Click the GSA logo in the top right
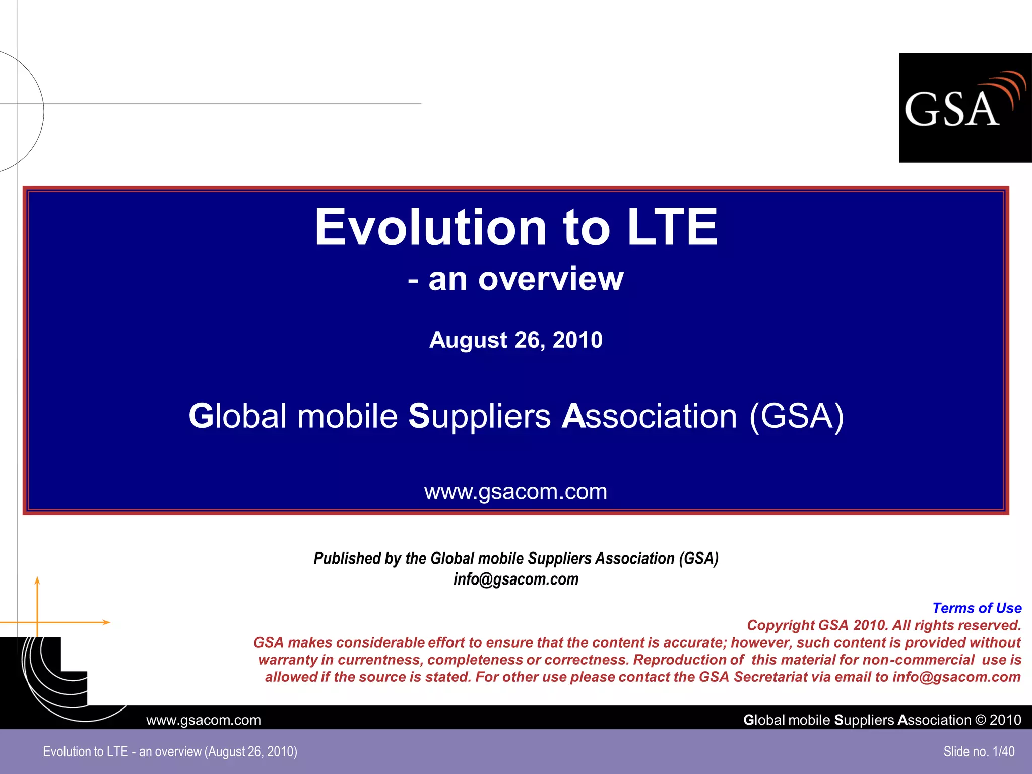964,107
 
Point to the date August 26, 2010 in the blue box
515,340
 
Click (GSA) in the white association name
796,417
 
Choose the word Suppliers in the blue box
479,417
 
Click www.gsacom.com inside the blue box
515,492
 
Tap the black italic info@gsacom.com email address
515,579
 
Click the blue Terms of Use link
977,608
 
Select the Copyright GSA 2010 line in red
883,625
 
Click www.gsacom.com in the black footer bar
204,720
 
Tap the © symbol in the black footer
980,720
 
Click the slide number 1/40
1003,751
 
